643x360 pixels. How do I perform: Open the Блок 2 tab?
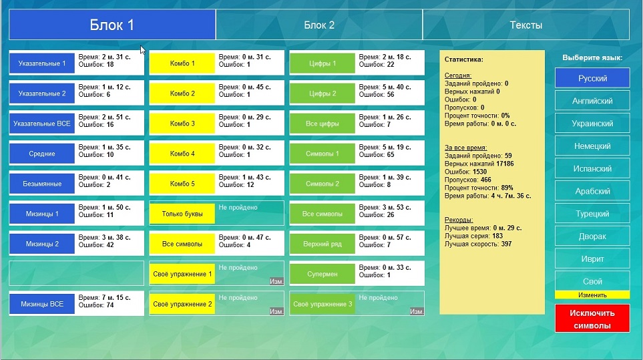319,25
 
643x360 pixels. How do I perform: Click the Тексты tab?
525,25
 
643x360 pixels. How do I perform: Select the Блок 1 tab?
112,25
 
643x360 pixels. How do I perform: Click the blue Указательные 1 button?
42,63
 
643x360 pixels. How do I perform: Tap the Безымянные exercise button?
42,184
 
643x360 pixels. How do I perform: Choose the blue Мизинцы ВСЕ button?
42,304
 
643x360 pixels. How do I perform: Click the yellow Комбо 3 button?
182,124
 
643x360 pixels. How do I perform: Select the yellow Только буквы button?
182,214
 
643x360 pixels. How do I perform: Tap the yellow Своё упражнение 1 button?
182,274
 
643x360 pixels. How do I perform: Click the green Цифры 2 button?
323,94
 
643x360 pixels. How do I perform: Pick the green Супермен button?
323,274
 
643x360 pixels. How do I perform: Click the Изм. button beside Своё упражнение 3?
417,311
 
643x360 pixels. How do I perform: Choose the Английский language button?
592,101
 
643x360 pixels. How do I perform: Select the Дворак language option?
592,236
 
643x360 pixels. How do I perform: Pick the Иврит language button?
592,258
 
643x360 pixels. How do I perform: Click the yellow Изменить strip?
592,295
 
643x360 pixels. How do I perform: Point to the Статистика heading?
464,59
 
